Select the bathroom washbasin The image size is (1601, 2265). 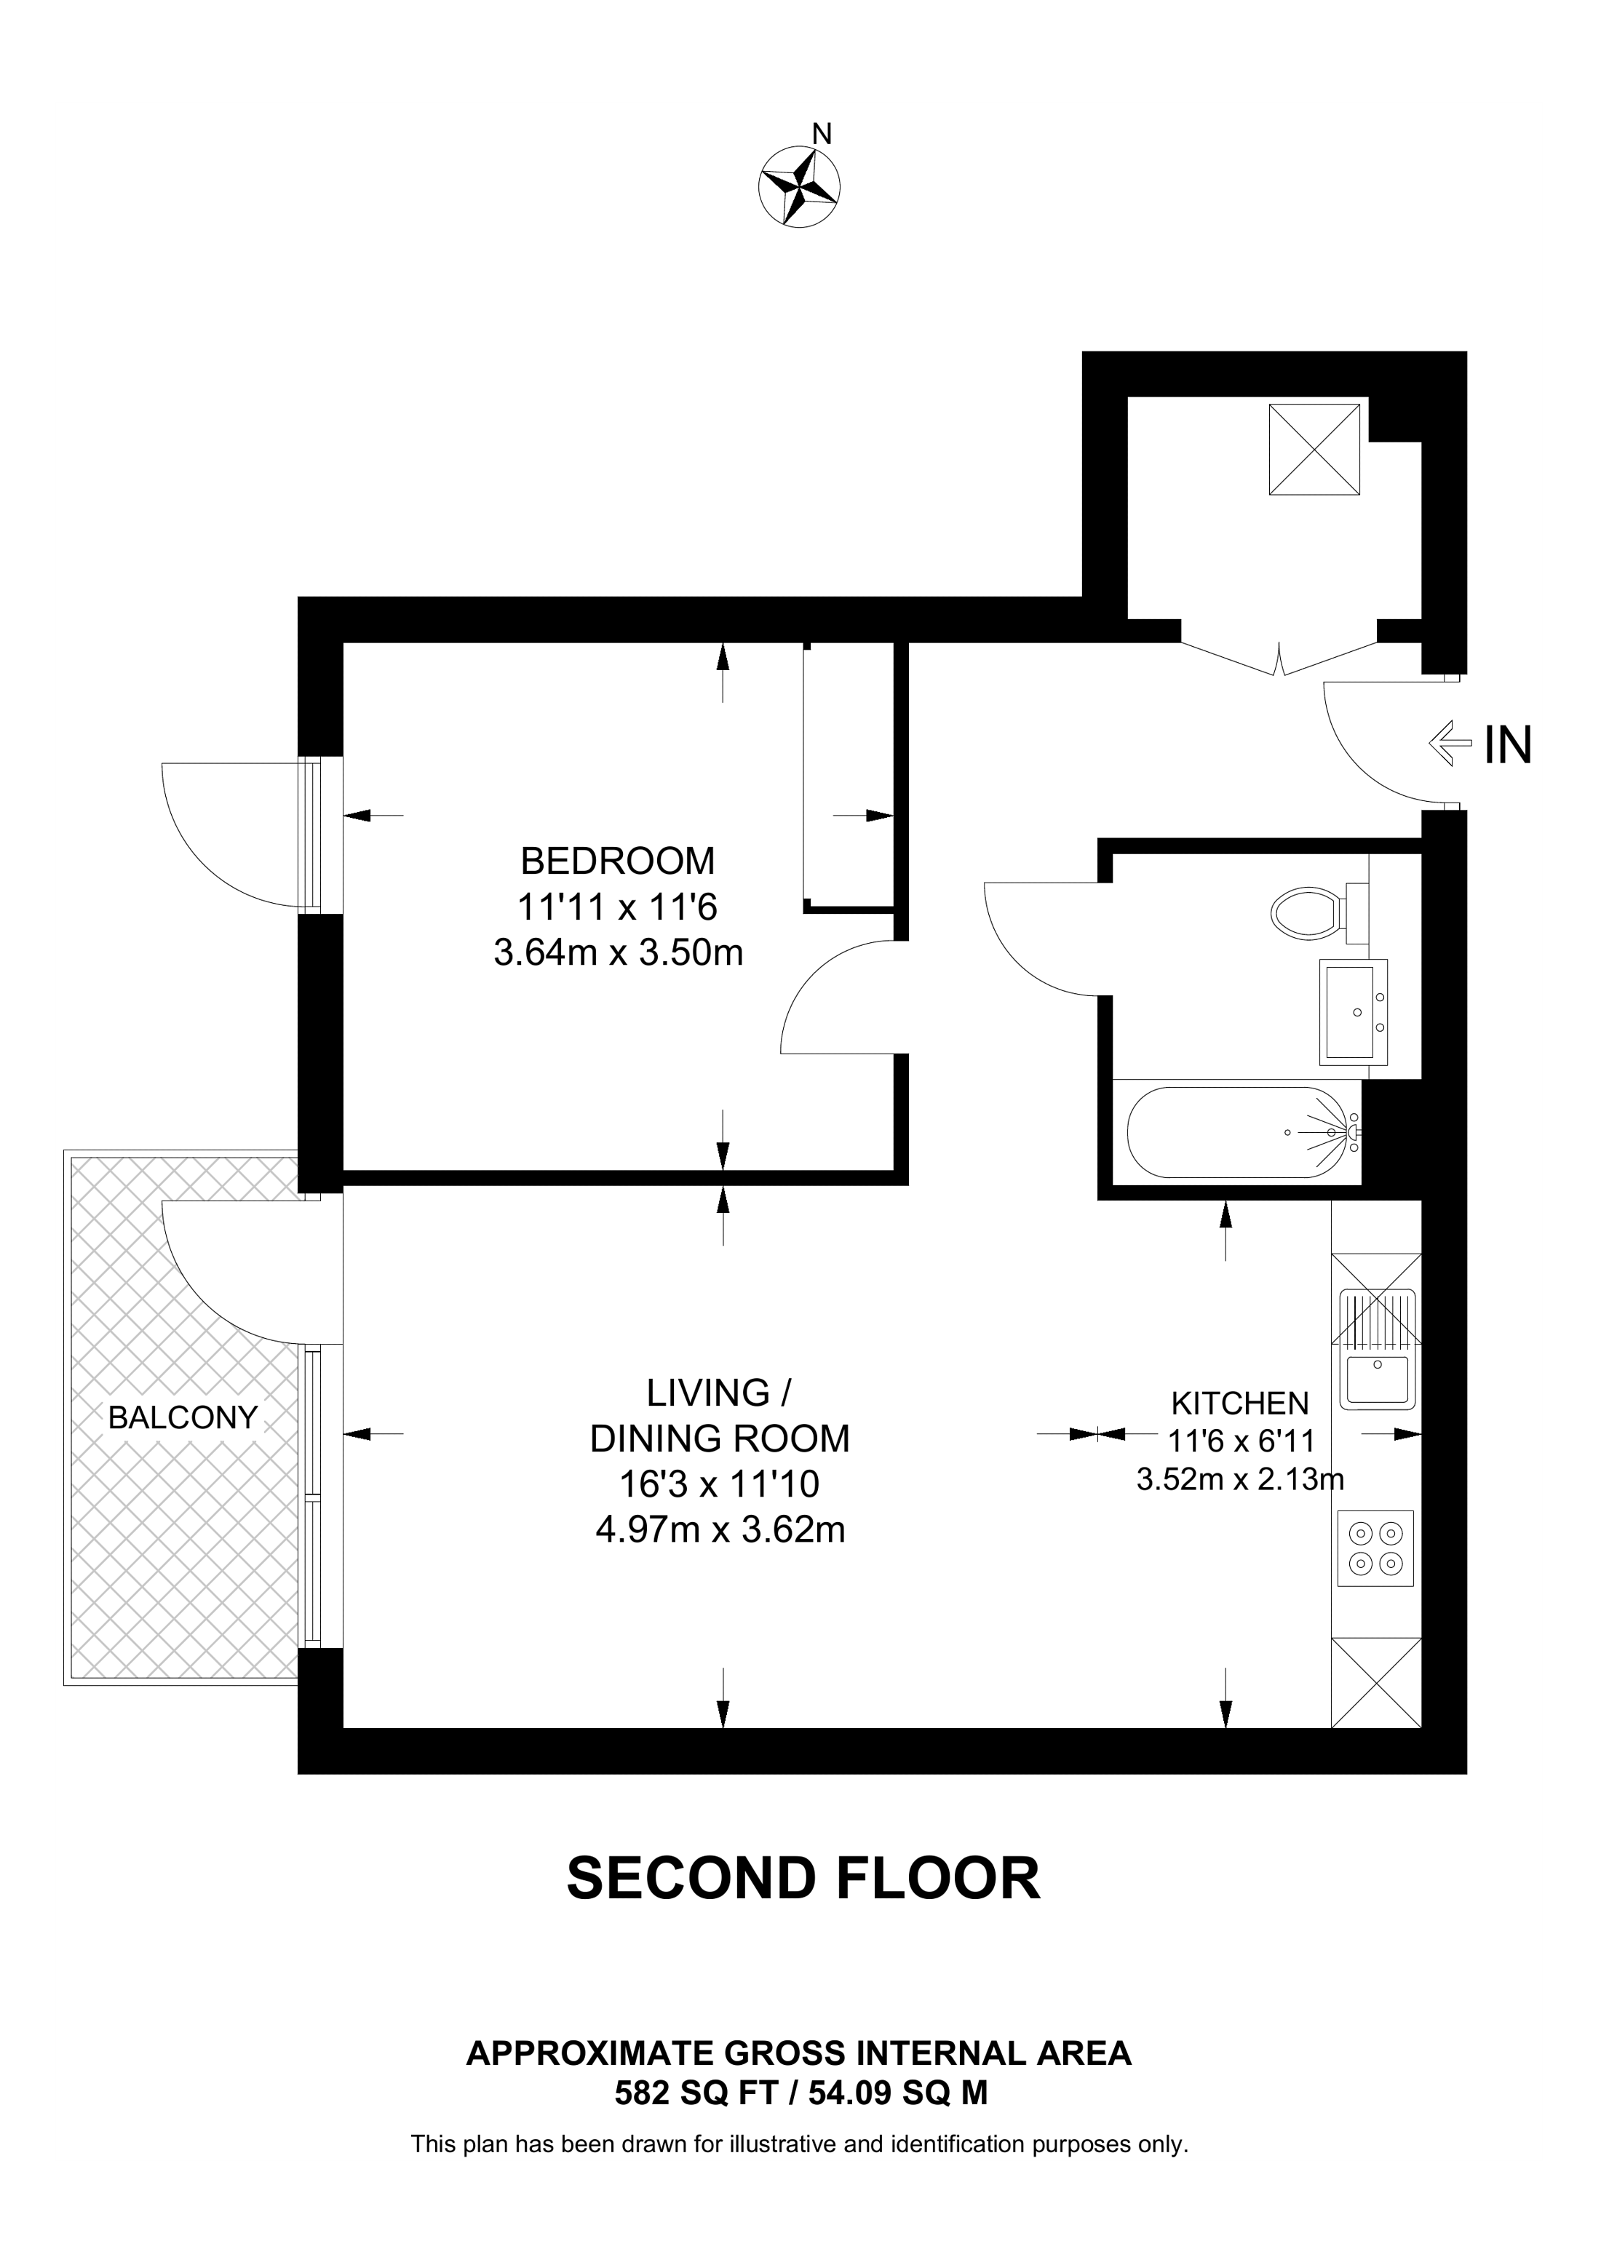pos(1354,1011)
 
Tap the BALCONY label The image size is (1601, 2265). pos(183,1417)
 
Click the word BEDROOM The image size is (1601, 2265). pos(618,861)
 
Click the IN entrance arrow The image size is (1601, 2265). pos(1450,744)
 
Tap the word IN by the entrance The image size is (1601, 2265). pos(1509,745)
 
